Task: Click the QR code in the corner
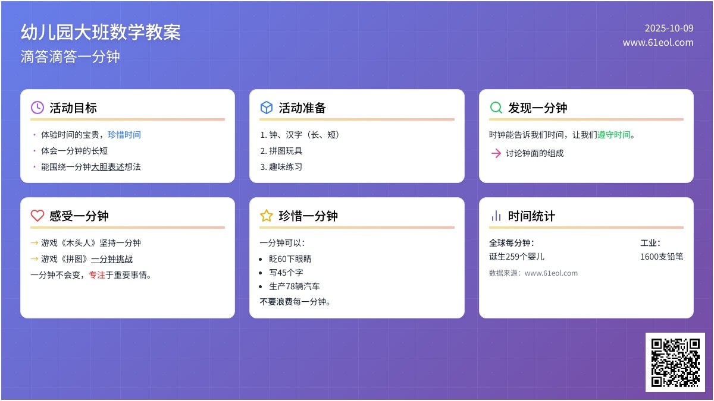pyautogui.click(x=675, y=362)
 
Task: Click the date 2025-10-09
pyautogui.click(x=669, y=28)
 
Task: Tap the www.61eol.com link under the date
pyautogui.click(x=658, y=43)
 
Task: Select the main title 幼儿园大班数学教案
pyautogui.click(x=101, y=31)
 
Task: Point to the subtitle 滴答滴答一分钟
pyautogui.click(x=70, y=56)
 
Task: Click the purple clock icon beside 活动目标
pyautogui.click(x=37, y=108)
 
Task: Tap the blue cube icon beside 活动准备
pyautogui.click(x=267, y=108)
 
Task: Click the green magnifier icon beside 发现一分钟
pyautogui.click(x=496, y=108)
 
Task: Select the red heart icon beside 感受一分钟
pyautogui.click(x=37, y=216)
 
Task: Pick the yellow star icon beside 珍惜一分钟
pyautogui.click(x=267, y=216)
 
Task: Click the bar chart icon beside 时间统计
pyautogui.click(x=496, y=216)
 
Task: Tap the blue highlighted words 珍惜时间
pyautogui.click(x=124, y=135)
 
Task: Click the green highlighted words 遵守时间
pyautogui.click(x=614, y=135)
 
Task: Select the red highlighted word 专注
pyautogui.click(x=97, y=275)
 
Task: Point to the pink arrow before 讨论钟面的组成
pyautogui.click(x=496, y=153)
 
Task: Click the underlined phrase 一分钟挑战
pyautogui.click(x=112, y=259)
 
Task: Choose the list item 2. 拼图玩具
pyautogui.click(x=281, y=151)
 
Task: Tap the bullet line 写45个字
pyautogui.click(x=286, y=273)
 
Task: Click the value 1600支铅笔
pyautogui.click(x=662, y=257)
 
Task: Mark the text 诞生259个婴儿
pyautogui.click(x=516, y=257)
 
